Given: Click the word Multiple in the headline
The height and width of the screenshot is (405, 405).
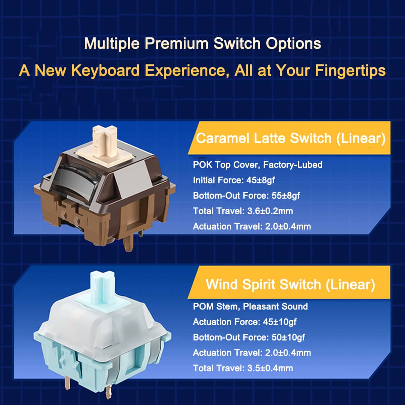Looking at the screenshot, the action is [x=112, y=43].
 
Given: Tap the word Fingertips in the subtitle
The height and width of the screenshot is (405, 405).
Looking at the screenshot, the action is [x=350, y=70].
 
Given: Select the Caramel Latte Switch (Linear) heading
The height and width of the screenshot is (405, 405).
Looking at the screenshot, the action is [x=291, y=138].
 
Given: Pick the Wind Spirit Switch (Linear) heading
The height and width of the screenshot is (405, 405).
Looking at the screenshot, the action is [x=290, y=284].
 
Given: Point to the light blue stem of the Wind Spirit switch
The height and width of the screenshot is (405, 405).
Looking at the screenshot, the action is [x=102, y=287].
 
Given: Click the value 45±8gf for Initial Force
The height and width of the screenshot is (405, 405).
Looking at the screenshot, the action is [x=260, y=180].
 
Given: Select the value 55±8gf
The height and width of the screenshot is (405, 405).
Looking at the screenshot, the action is [x=286, y=195].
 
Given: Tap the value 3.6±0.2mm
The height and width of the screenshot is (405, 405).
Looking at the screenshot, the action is [x=270, y=211].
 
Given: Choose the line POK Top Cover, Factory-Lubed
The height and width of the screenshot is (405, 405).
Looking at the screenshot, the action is [x=258, y=165].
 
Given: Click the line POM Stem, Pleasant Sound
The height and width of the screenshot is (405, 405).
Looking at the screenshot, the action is [x=250, y=307].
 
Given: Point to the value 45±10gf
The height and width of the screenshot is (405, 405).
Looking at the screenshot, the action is [x=279, y=322].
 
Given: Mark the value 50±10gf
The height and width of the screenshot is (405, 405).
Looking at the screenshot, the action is [x=288, y=337].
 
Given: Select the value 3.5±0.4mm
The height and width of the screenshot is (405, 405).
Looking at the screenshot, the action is [x=270, y=368].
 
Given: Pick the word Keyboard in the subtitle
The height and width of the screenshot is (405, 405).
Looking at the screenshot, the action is [x=105, y=70].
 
